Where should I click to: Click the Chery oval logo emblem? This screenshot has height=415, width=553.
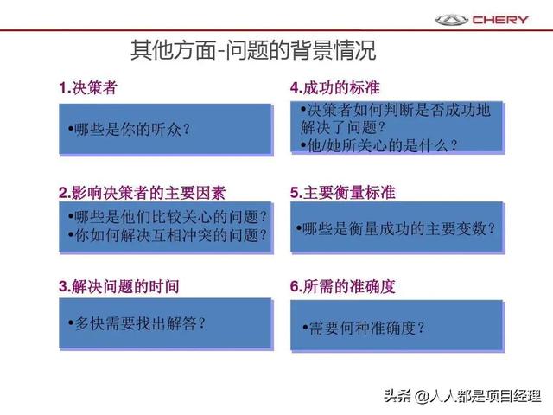(x=451, y=20)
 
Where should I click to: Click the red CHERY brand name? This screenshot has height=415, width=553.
(x=500, y=20)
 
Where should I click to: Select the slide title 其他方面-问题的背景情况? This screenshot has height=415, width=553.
(x=253, y=50)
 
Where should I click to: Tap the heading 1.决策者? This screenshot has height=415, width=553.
(x=88, y=87)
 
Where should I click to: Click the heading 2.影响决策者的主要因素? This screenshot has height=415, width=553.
(x=142, y=193)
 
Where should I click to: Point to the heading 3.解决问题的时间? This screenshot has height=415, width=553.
(x=119, y=286)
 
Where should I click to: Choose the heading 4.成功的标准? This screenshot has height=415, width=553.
(x=334, y=87)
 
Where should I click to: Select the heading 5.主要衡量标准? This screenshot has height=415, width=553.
(x=342, y=193)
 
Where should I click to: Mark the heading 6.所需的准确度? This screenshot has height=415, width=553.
(x=342, y=286)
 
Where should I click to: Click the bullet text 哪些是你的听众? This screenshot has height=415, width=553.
(x=129, y=129)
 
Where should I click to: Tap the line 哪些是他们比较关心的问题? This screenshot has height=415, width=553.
(x=168, y=217)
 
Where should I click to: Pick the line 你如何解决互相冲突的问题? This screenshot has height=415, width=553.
(x=168, y=235)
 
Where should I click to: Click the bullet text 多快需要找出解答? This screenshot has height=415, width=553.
(x=137, y=323)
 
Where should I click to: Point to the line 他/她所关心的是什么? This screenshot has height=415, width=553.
(x=379, y=145)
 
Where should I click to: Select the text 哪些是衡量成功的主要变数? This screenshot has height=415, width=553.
(x=396, y=228)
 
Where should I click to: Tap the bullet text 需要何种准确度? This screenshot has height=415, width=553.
(x=364, y=329)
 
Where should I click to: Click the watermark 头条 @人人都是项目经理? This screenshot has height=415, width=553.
(x=462, y=396)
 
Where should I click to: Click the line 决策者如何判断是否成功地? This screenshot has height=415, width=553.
(x=396, y=110)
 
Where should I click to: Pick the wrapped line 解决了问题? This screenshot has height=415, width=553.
(x=342, y=127)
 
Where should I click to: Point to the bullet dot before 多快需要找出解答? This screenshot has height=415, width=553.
(x=71, y=322)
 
